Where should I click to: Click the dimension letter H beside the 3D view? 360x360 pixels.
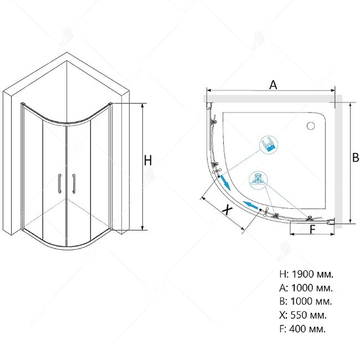click(x=148, y=160)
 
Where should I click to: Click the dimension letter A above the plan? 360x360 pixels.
click(x=273, y=85)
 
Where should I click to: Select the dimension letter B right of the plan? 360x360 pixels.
click(x=355, y=158)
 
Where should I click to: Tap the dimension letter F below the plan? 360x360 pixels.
click(x=312, y=229)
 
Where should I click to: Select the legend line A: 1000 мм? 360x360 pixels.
click(x=306, y=288)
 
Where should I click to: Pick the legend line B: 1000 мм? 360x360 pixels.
click(x=306, y=301)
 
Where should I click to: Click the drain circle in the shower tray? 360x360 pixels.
click(x=310, y=126)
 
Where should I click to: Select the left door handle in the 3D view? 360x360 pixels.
click(x=60, y=183)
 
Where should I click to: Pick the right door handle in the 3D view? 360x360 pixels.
click(x=74, y=184)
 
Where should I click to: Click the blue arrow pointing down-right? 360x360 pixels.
click(x=225, y=183)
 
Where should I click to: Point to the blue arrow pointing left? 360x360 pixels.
click(x=251, y=205)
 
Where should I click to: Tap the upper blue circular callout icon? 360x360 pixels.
click(x=269, y=145)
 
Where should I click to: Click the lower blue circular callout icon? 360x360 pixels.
click(x=258, y=180)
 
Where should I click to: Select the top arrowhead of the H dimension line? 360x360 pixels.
click(x=143, y=106)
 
